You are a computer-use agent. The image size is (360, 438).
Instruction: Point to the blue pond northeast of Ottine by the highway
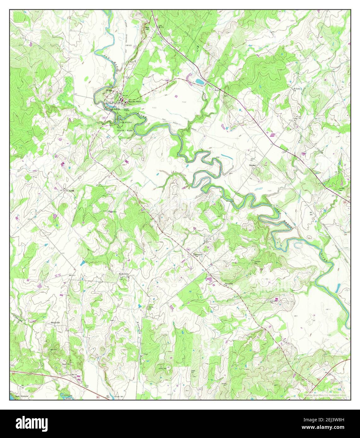click(x=200, y=82)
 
